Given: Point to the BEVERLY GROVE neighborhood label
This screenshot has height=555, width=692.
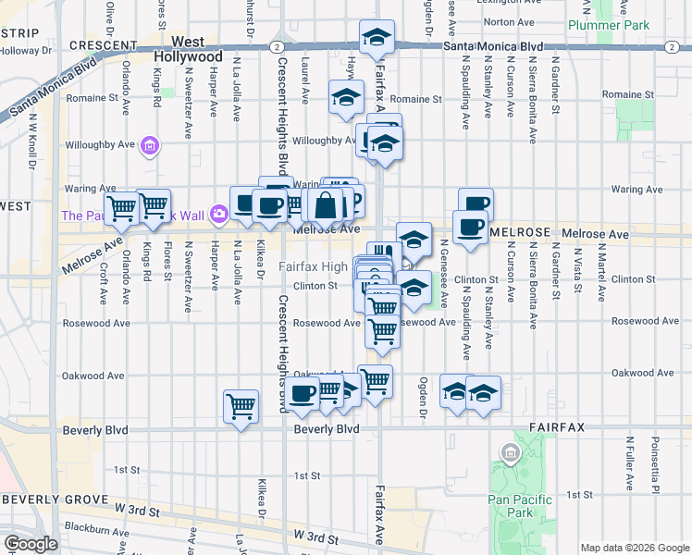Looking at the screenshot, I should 44,499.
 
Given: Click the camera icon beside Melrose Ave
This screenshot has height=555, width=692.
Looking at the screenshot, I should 218,214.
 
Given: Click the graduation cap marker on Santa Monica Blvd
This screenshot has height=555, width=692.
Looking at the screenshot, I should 376,39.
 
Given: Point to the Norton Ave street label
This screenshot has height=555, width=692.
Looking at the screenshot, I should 503,21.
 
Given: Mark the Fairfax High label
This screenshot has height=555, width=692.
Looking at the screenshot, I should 314,267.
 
